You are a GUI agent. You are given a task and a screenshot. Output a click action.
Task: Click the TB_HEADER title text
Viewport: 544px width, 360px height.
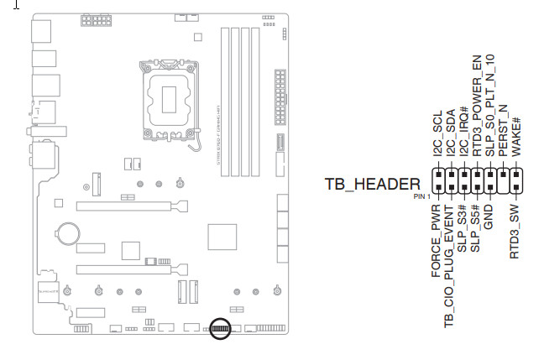(372, 185)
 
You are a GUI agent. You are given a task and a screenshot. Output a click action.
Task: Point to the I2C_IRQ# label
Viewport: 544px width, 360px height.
(463, 138)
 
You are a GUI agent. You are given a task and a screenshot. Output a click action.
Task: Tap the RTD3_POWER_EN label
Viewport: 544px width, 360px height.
(477, 109)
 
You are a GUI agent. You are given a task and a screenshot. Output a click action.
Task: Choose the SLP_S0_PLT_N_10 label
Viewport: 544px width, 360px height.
(490, 105)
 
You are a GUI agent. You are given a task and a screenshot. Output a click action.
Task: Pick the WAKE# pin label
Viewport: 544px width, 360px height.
(516, 135)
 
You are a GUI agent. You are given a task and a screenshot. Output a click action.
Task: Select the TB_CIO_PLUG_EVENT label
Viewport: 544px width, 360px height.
(450, 266)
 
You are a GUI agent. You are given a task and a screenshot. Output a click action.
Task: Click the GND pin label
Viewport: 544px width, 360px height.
(489, 217)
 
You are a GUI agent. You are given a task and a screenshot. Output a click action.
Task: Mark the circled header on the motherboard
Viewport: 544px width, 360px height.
(220, 327)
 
